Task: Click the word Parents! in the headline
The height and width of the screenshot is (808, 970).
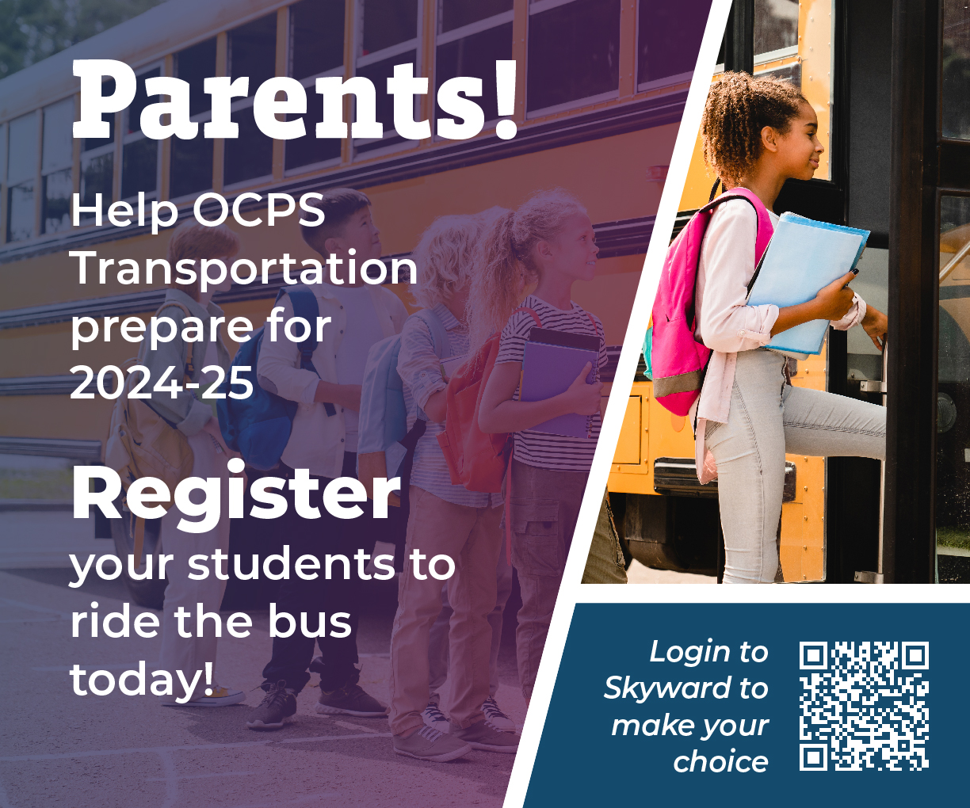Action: pos(295,99)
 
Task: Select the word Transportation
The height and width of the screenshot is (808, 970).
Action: pos(244,269)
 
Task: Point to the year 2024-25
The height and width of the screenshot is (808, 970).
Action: pos(162,383)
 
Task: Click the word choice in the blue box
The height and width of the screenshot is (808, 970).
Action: pos(720,761)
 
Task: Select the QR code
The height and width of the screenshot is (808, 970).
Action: pos(864,706)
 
